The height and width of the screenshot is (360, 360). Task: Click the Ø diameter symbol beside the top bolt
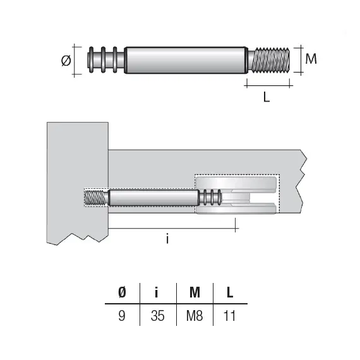click(x=65, y=61)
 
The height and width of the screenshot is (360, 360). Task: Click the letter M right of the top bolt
click(x=310, y=59)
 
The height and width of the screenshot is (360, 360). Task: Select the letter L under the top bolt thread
click(x=267, y=99)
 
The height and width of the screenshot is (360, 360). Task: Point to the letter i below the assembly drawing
click(x=167, y=239)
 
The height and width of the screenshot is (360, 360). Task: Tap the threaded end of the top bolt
click(x=270, y=60)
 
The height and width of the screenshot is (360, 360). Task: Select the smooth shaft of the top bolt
click(x=184, y=60)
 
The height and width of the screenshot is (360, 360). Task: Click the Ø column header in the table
click(x=122, y=292)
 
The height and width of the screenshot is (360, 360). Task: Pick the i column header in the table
click(x=158, y=292)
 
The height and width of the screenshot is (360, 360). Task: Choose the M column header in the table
click(x=195, y=292)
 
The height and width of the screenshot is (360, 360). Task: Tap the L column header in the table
click(x=230, y=292)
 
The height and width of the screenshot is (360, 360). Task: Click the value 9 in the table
click(x=122, y=315)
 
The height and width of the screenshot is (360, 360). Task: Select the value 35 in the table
click(x=158, y=315)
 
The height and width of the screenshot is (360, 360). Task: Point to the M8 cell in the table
click(x=195, y=315)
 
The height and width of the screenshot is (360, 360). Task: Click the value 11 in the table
click(x=229, y=315)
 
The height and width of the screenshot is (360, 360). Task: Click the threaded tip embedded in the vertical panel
click(x=96, y=197)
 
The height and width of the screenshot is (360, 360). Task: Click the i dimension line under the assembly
click(x=171, y=226)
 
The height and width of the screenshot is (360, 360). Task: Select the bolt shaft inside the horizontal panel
click(x=152, y=197)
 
